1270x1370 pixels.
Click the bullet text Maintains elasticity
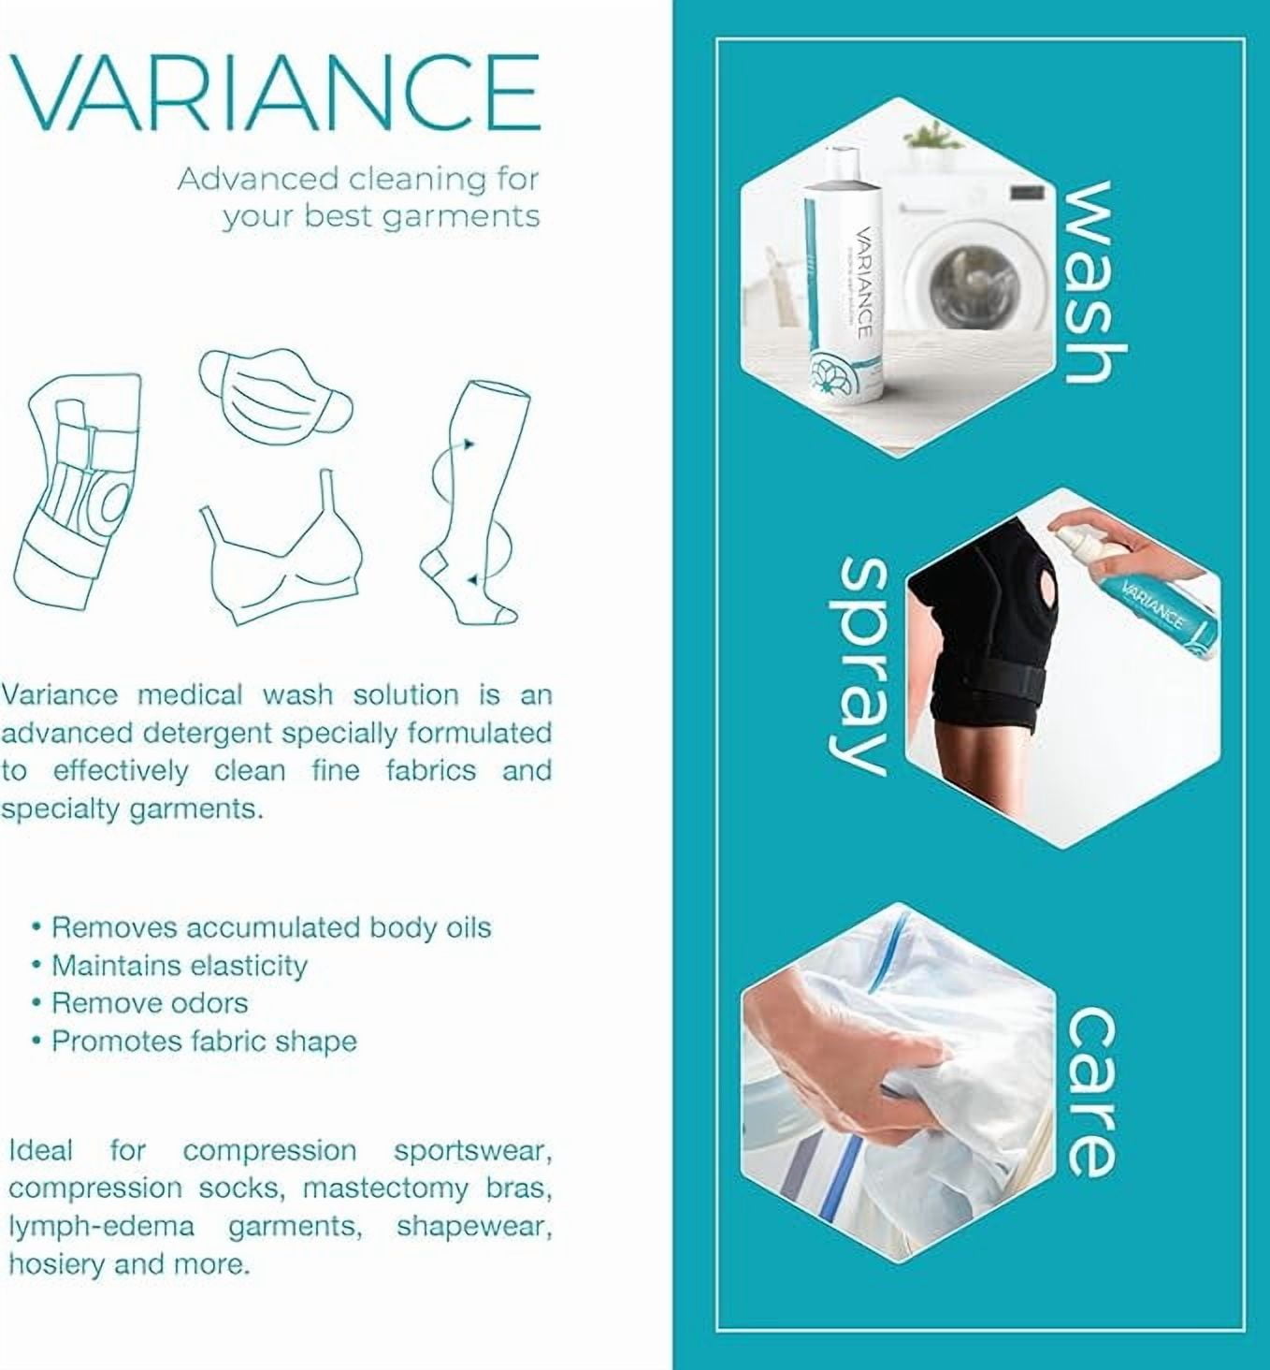coord(180,965)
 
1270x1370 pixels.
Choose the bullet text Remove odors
coord(150,1003)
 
